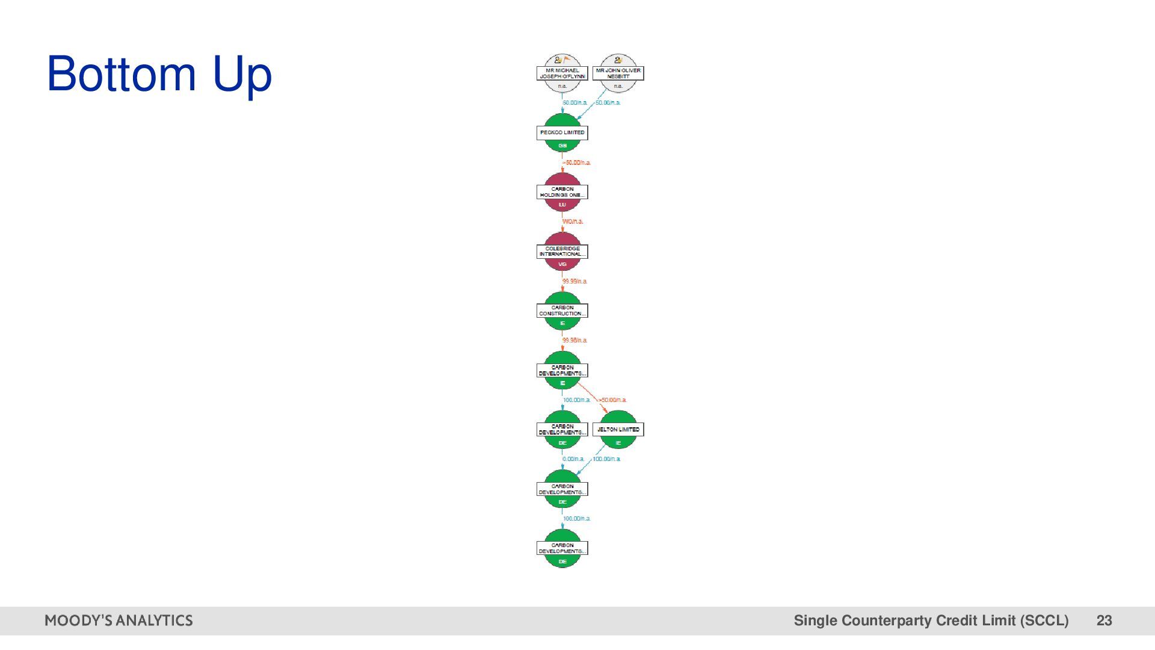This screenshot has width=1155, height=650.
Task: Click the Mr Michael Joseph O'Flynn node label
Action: (x=562, y=73)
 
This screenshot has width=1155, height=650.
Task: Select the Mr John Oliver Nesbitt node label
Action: (x=618, y=73)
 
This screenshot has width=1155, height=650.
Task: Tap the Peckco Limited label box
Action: (x=562, y=132)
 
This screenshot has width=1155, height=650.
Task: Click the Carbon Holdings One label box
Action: (x=562, y=192)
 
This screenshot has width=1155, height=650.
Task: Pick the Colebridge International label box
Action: (x=562, y=252)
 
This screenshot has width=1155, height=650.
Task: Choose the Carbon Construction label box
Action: (x=562, y=311)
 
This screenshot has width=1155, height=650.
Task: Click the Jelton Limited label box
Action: (x=618, y=430)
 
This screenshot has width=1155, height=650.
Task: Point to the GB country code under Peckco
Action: (x=562, y=146)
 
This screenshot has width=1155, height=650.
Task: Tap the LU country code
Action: (x=562, y=205)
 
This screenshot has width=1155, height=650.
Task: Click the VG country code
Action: (x=562, y=264)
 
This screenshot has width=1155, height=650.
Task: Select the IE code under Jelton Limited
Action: (x=618, y=443)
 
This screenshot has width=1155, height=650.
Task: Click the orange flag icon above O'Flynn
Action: (x=567, y=60)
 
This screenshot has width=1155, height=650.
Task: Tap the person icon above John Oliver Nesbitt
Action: (x=618, y=60)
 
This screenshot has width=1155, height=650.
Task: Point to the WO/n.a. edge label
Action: (x=573, y=221)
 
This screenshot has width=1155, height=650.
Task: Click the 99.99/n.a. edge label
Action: (x=574, y=281)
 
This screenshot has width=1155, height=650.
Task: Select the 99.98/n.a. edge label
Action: (x=574, y=340)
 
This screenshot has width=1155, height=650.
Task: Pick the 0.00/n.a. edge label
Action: (x=573, y=459)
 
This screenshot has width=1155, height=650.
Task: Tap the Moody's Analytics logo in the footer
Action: (x=119, y=621)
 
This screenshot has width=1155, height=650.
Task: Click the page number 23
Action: (x=1104, y=621)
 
